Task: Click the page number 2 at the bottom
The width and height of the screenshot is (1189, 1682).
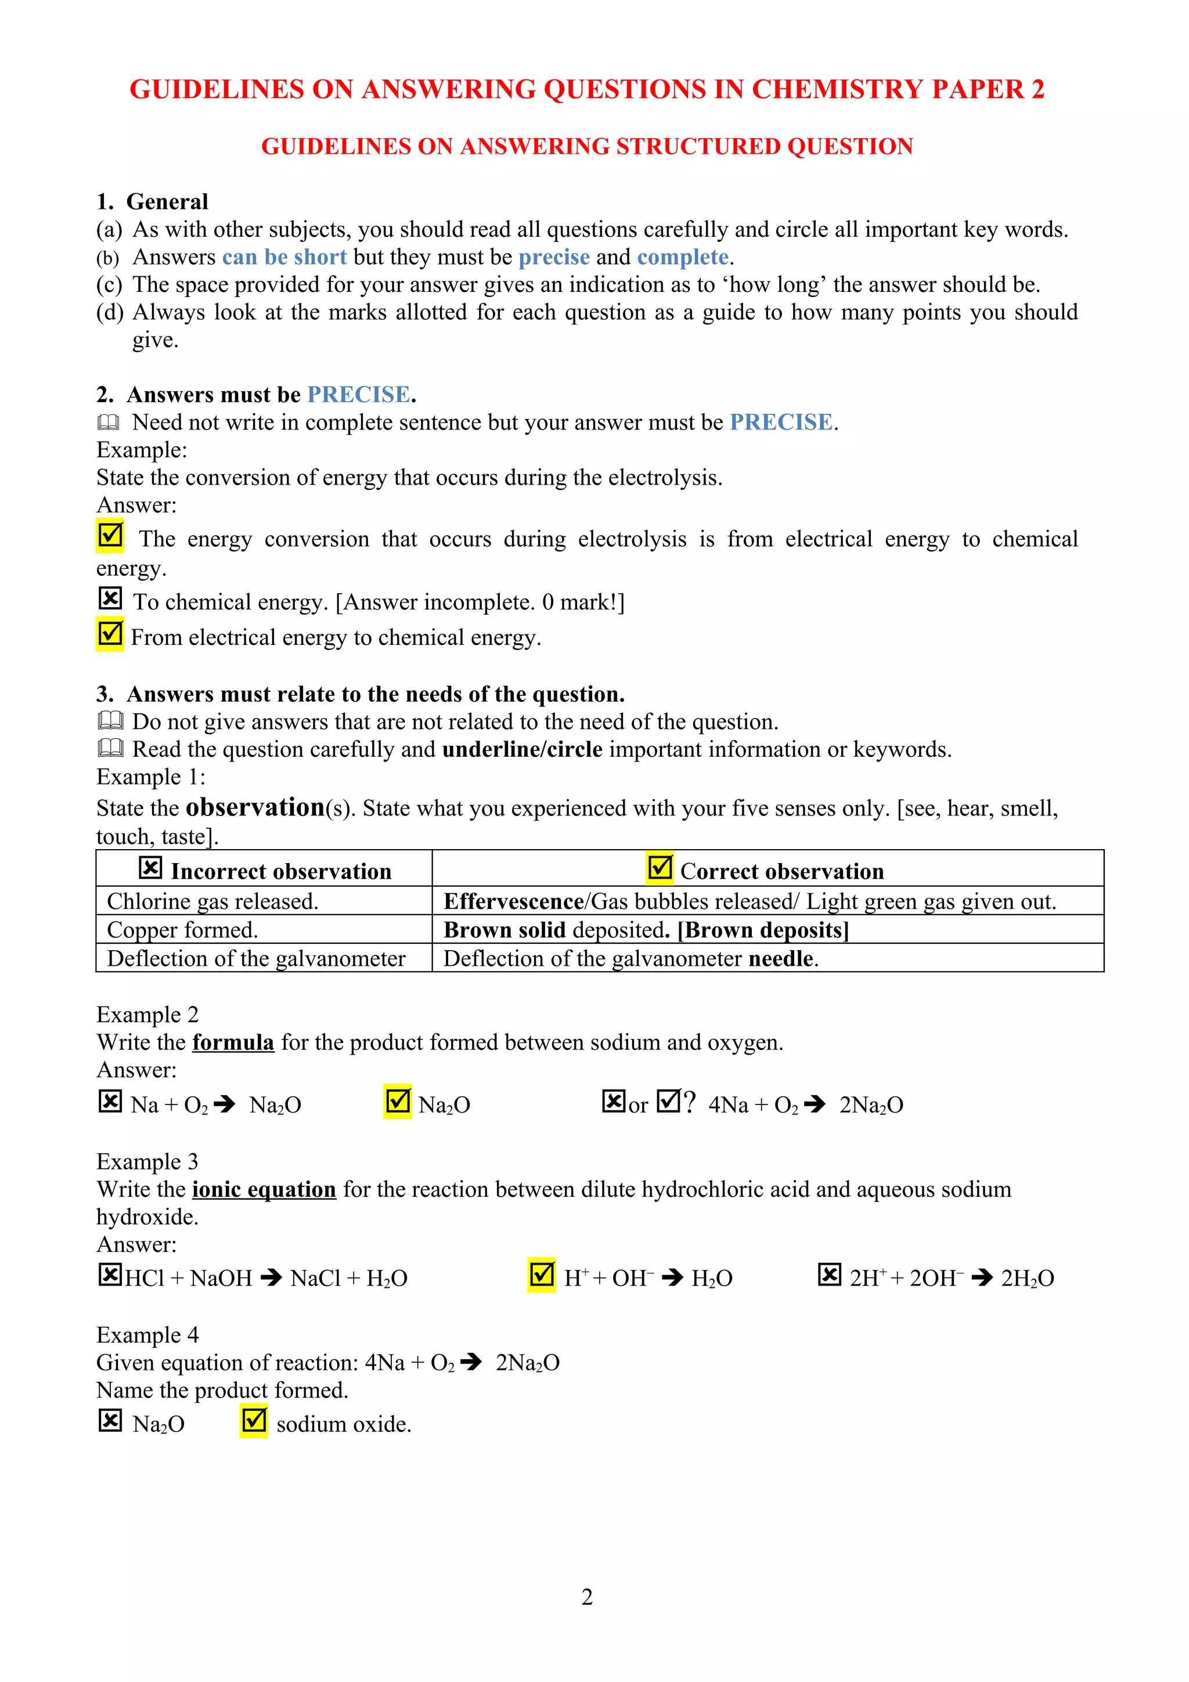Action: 587,1596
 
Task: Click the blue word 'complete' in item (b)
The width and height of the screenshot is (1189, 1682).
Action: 682,257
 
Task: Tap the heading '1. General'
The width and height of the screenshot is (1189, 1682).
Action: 152,201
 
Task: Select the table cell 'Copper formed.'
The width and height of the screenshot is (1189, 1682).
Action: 182,930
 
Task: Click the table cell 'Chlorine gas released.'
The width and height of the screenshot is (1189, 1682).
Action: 212,901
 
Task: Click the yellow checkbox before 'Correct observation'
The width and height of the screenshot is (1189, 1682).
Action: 660,868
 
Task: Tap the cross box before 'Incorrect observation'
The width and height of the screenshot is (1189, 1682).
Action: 150,868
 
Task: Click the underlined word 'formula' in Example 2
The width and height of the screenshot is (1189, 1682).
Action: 233,1042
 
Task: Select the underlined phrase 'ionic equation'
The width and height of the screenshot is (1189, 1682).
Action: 264,1189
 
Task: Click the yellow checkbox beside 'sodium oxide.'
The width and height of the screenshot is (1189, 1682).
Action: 254,1421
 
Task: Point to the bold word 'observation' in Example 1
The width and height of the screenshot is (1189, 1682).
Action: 255,807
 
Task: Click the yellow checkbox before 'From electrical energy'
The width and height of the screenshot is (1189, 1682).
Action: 110,634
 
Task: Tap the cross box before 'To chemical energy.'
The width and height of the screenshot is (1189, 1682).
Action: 110,598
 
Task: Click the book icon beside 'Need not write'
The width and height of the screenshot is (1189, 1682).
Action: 109,423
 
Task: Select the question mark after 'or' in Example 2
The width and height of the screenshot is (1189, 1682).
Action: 689,1103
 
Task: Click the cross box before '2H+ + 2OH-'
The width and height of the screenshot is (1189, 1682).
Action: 829,1275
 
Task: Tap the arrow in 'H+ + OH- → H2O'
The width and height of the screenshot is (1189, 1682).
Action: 672,1279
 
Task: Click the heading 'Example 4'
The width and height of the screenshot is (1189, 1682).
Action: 147,1335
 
